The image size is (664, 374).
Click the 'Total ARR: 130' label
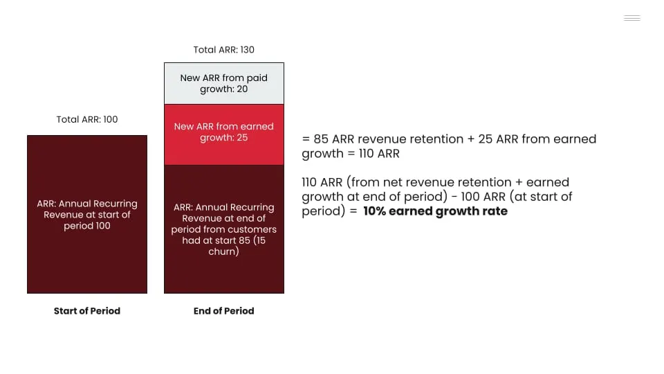pyautogui.click(x=223, y=50)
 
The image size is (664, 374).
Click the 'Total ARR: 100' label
pyautogui.click(x=87, y=119)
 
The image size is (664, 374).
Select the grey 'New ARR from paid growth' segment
pyautogui.click(x=224, y=84)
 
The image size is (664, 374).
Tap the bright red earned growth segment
pyautogui.click(x=224, y=134)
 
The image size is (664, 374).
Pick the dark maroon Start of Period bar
pyautogui.click(x=87, y=214)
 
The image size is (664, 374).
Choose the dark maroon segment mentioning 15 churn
pyautogui.click(x=224, y=229)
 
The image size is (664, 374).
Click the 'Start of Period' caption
pyautogui.click(x=87, y=311)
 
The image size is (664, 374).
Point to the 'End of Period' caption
pyautogui.click(x=223, y=311)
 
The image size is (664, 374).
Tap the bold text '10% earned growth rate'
pyautogui.click(x=435, y=211)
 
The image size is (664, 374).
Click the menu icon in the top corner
pyautogui.click(x=631, y=18)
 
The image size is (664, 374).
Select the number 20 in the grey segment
pyautogui.click(x=242, y=89)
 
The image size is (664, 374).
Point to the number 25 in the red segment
pyautogui.click(x=242, y=137)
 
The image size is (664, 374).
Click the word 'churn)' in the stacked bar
pyautogui.click(x=223, y=251)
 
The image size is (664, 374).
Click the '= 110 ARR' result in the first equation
pyautogui.click(x=373, y=154)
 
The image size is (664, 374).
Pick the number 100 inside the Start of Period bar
pyautogui.click(x=103, y=226)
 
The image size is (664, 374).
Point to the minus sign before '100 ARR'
pyautogui.click(x=454, y=197)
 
